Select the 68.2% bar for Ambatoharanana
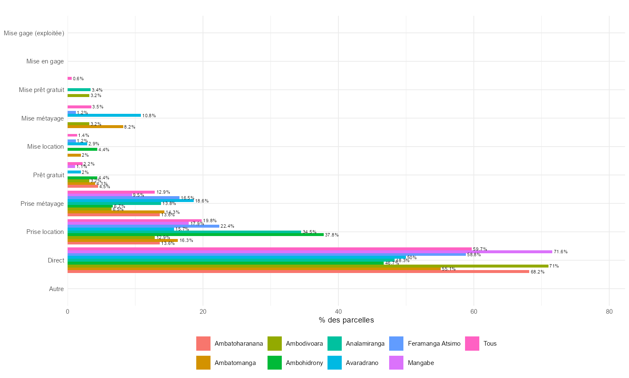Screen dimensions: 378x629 (298, 271)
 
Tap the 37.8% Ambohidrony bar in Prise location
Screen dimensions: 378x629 (195, 235)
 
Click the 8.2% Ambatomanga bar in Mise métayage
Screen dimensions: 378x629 (95, 126)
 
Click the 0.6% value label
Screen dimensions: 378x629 (78, 79)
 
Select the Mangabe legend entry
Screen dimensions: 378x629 (421, 363)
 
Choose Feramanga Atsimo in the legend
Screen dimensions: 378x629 (434, 344)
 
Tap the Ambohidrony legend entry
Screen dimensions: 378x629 (304, 363)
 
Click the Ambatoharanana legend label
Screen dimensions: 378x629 (239, 344)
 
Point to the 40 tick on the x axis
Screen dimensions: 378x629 (338, 312)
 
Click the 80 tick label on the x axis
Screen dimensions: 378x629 (609, 312)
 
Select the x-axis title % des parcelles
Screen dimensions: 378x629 (346, 320)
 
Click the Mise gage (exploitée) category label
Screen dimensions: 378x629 (34, 33)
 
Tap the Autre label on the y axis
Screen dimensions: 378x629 (56, 289)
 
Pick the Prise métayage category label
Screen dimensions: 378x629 (42, 204)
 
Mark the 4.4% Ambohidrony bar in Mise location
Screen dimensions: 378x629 (82, 149)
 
